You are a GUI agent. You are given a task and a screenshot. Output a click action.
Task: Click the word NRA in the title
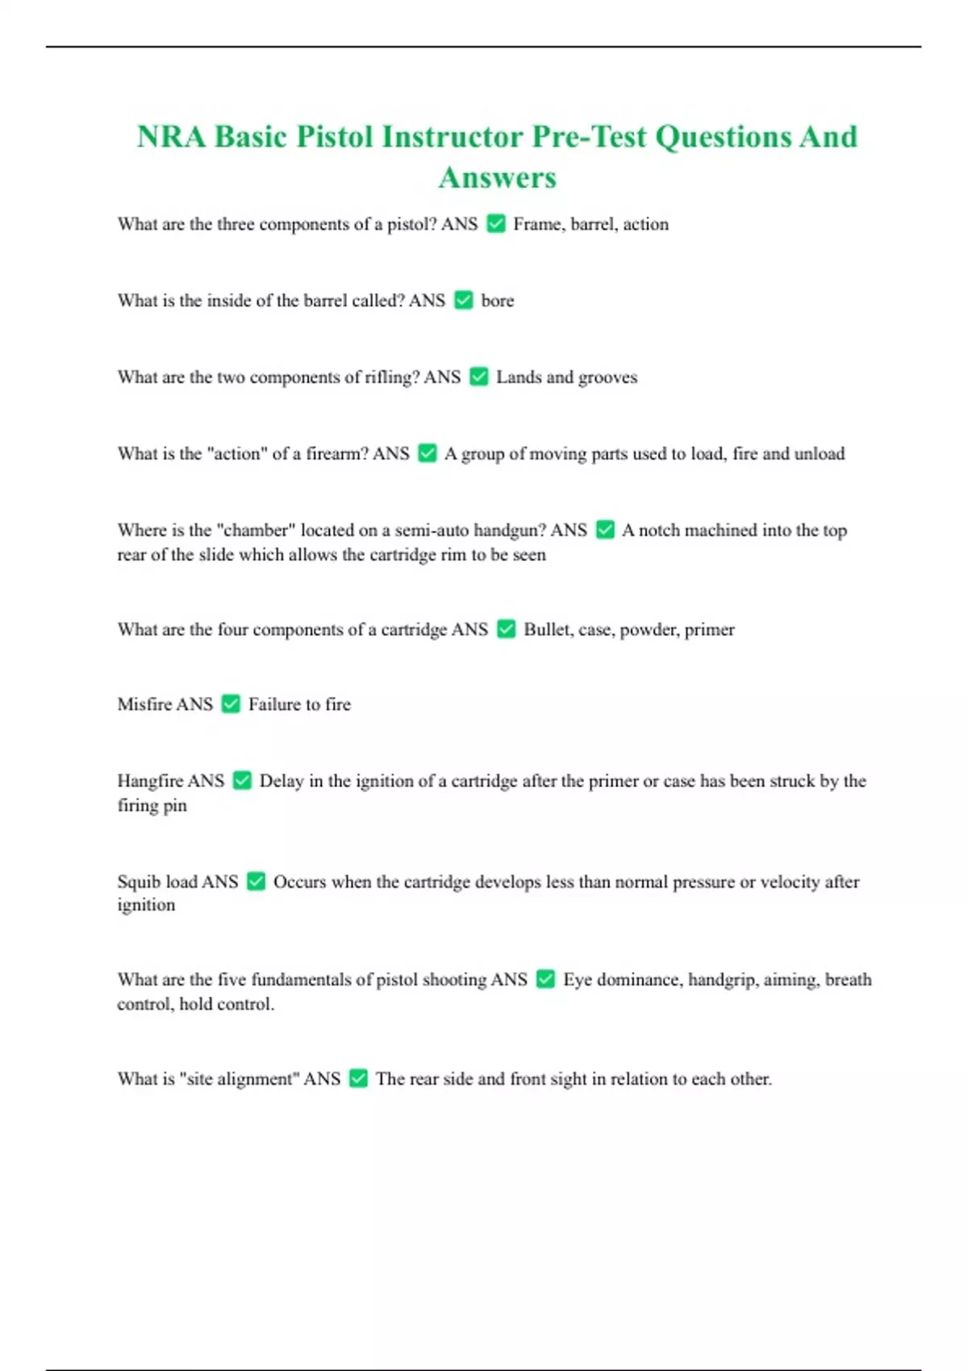[172, 136]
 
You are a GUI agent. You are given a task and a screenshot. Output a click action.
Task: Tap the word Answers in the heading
[497, 177]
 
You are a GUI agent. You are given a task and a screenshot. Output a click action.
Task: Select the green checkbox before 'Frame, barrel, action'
[496, 223]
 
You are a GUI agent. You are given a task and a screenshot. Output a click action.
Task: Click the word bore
[497, 301]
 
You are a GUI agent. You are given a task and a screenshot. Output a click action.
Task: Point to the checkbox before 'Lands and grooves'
[479, 377]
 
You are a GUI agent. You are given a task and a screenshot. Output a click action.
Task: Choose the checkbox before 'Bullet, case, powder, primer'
[506, 629]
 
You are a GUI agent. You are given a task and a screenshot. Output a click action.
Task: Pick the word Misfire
[144, 704]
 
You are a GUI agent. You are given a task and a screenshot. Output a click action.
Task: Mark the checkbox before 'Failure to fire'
[231, 704]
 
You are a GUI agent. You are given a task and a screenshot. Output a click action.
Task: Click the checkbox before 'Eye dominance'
[545, 979]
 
